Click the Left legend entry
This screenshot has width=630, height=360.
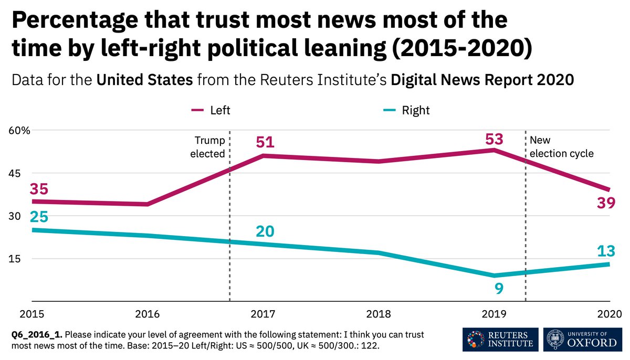coord(211,110)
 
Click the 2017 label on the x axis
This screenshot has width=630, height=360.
coord(265,314)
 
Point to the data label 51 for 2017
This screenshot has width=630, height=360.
coord(265,143)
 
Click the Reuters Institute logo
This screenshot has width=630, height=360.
coord(500,340)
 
